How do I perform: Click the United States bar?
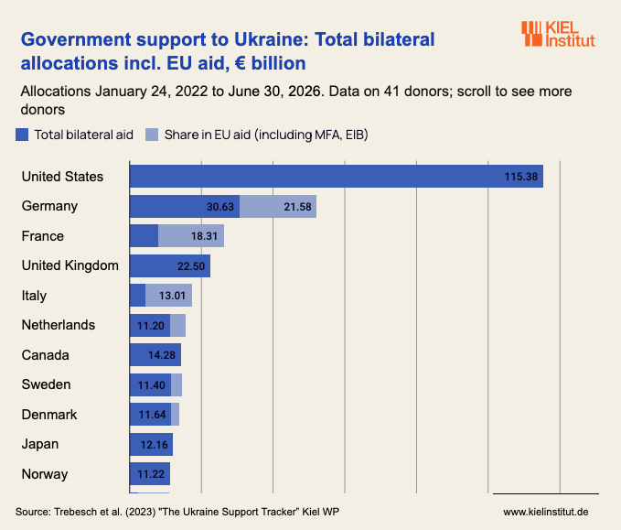coord(337,177)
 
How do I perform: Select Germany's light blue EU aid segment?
coord(278,207)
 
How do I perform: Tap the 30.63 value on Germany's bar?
coord(220,207)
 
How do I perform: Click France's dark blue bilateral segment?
coord(145,236)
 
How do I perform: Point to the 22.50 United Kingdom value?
coord(191,266)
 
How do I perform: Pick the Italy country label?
coord(34,296)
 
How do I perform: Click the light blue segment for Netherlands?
coord(177,326)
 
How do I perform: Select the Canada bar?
coord(155,355)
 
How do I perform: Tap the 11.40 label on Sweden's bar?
coord(151,385)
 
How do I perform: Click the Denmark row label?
coord(49,415)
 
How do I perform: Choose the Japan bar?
coord(151,444)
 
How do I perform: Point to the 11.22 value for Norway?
coord(151,474)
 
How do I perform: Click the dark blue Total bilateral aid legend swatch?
coord(22,135)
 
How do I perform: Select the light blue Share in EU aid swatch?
coord(152,135)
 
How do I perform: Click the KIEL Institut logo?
coord(558,34)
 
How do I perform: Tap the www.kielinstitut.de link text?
coord(546,512)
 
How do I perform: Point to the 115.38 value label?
coord(520,177)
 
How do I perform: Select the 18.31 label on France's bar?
coord(204,236)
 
